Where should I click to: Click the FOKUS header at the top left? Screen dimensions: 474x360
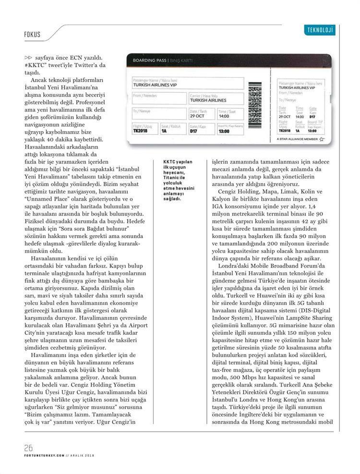coord(32,35)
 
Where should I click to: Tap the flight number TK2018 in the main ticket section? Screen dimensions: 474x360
coord(140,131)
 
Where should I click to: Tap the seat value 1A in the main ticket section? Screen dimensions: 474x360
coord(164,131)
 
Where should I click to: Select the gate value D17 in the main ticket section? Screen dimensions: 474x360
coord(193,131)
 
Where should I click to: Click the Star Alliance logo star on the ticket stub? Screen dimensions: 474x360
coord(321,139)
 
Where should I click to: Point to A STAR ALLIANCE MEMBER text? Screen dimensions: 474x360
coord(297,140)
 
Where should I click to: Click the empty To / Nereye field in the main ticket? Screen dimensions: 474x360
coord(158,113)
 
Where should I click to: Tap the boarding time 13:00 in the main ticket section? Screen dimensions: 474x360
coord(224,131)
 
